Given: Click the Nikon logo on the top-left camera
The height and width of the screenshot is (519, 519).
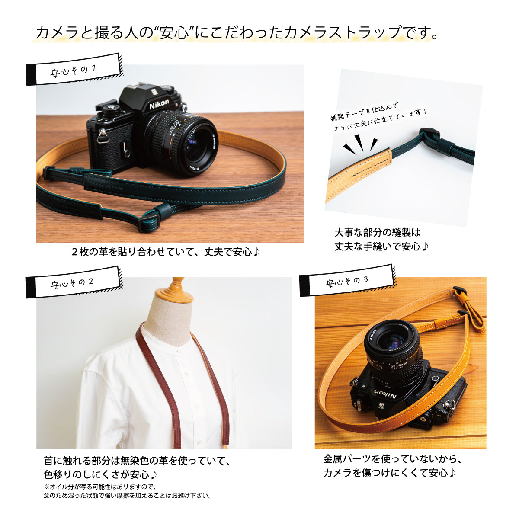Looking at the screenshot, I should (x=160, y=105).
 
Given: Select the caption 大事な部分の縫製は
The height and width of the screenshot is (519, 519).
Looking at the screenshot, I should (x=377, y=232).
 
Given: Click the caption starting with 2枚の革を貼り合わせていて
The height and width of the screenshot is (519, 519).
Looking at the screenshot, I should (x=166, y=252).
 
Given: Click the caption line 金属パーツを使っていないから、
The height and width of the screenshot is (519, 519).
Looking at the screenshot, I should (x=393, y=458).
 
